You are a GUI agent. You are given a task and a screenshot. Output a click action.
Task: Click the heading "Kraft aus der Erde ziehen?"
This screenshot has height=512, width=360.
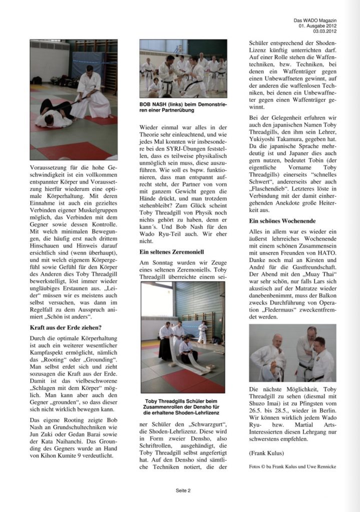coord(66,328)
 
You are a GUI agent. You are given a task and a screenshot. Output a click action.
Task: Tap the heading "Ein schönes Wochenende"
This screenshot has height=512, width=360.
coord(280,220)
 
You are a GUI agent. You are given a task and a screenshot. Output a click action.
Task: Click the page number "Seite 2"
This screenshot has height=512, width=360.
coord(183,490)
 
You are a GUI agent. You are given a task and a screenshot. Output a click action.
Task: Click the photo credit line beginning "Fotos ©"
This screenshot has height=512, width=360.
coord(292,466)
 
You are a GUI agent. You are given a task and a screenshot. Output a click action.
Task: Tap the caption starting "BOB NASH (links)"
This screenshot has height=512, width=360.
coord(182,107)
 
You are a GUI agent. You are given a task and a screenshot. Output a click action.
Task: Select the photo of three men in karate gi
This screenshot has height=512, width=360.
coord(292,353)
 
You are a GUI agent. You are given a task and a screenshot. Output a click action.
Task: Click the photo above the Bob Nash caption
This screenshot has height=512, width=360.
coord(183,68)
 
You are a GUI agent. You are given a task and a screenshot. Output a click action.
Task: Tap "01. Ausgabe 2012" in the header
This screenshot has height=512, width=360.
coord(318,25)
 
